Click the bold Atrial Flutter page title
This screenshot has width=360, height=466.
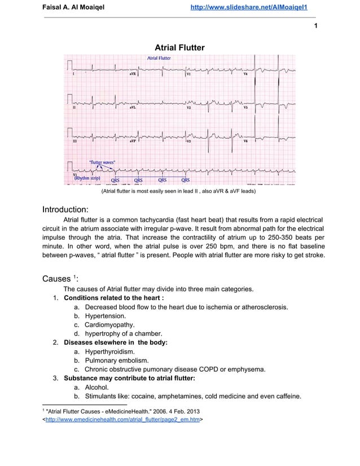click(179, 47)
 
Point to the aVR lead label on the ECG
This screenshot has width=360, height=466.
click(132, 73)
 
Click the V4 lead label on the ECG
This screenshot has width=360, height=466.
click(245, 73)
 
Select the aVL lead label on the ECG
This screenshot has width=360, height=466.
click(132, 107)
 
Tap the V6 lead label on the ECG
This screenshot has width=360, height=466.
click(245, 141)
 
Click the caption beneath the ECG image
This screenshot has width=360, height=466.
click(179, 192)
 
